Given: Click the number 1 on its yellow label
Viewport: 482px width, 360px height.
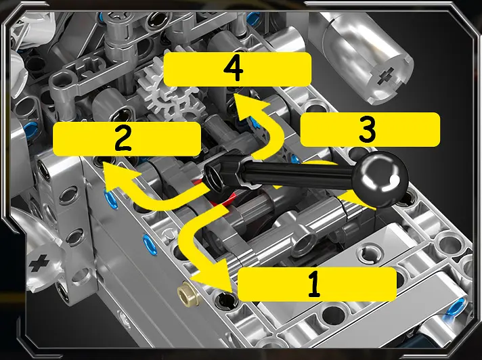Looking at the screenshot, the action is click(314, 284).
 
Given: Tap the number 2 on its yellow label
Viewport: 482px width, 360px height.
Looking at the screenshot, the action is click(123, 139).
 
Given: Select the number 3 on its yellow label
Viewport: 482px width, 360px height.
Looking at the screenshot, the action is click(367, 129).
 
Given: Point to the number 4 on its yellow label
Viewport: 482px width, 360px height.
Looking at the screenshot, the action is click(234, 69).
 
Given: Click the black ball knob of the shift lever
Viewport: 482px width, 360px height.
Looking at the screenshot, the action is click(380, 179).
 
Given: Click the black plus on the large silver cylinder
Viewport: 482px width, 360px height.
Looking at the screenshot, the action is click(385, 76).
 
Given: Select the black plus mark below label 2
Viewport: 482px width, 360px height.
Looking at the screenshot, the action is click(39, 263).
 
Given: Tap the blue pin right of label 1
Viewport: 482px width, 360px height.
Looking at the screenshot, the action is click(456, 307).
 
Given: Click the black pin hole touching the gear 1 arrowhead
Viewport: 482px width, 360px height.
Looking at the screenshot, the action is click(226, 300).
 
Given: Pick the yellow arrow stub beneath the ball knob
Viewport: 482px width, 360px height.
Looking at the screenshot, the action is click(357, 200).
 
